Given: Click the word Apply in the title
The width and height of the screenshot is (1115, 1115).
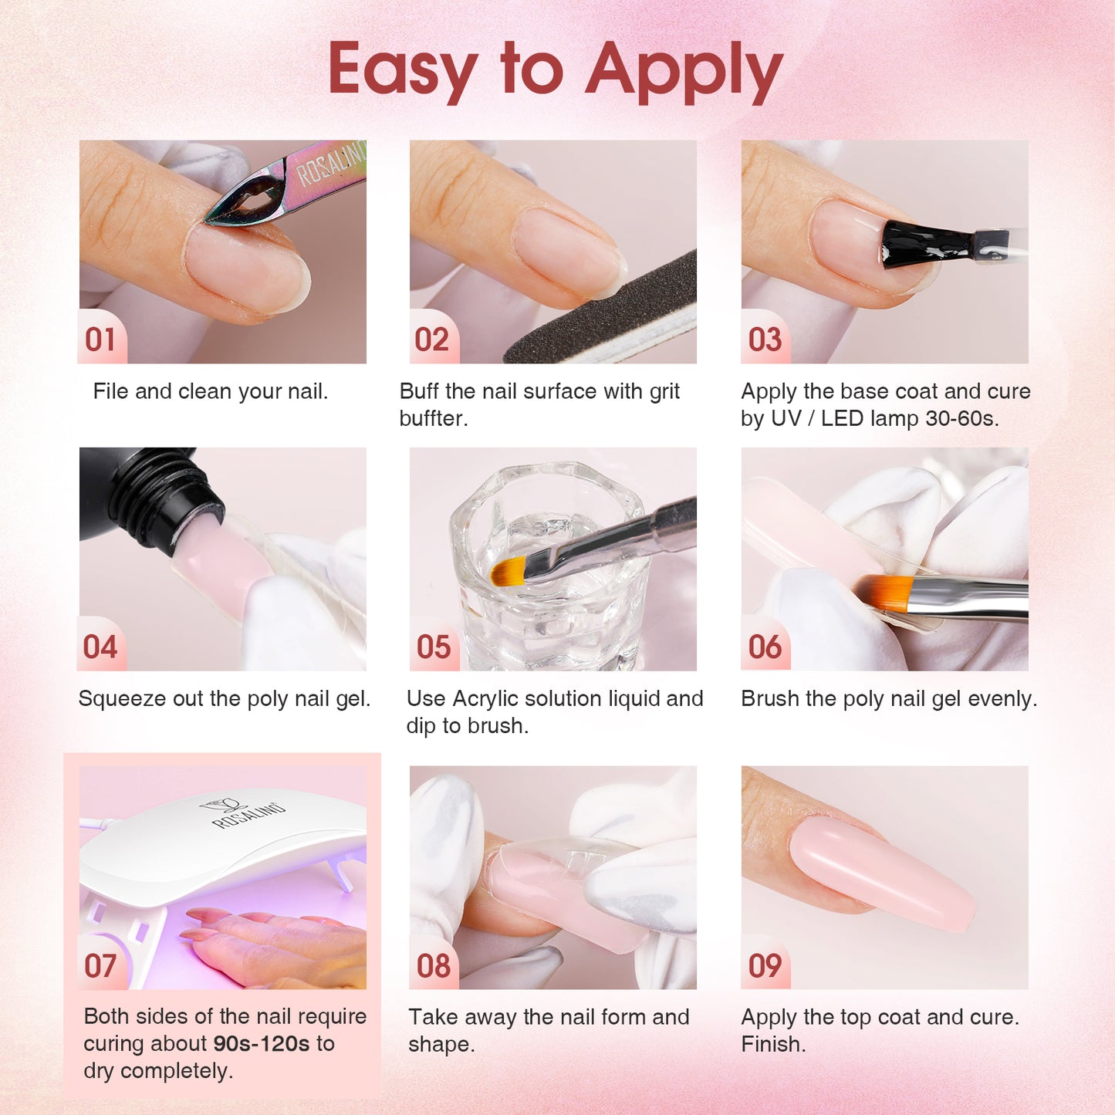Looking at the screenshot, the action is pos(684,72).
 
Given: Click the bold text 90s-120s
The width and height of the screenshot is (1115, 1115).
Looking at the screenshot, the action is pos(262,1044).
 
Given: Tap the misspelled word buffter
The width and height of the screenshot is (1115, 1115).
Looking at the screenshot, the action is pos(434,419).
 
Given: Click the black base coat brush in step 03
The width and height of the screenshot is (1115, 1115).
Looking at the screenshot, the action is pos(926,245).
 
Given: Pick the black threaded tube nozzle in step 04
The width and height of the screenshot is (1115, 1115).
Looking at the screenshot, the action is pos(151,496).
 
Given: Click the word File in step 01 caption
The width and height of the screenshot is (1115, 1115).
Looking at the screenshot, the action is pos(111,391).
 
